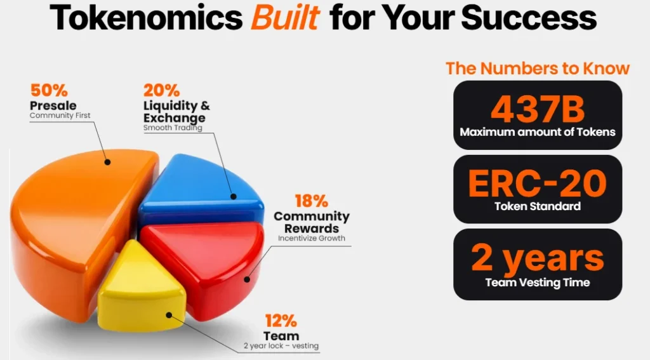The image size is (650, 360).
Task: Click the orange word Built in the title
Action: (285, 17)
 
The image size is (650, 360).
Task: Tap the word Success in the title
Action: (529, 17)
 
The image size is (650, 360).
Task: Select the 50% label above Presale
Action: (49, 90)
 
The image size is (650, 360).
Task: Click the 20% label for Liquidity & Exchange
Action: (162, 90)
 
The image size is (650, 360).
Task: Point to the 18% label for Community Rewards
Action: (311, 201)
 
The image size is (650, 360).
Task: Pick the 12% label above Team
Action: (281, 321)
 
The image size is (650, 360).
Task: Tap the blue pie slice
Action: (201, 189)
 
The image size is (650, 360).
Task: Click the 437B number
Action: (538, 109)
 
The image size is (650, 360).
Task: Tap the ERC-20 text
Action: (538, 183)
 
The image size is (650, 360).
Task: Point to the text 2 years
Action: (538, 258)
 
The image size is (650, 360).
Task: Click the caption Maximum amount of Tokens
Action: (538, 132)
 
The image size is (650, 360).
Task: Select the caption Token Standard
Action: (538, 206)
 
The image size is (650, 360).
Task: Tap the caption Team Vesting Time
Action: (538, 283)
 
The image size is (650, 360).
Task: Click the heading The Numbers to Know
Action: (538, 69)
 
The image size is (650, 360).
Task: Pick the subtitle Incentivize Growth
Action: (311, 238)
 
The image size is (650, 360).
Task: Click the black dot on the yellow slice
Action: (169, 315)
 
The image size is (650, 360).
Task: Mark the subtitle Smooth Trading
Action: (173, 128)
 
